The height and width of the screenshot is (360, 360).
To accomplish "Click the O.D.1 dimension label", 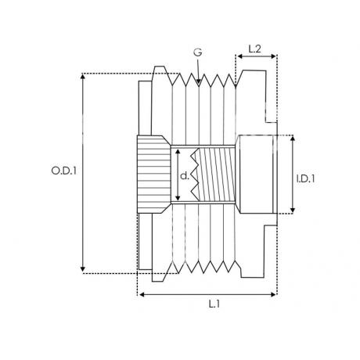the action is click(64, 171).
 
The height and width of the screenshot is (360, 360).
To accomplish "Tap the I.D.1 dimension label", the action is click(305, 178).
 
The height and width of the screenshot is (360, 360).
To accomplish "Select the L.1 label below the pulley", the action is click(214, 304).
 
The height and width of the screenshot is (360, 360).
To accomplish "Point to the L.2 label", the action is click(254, 49).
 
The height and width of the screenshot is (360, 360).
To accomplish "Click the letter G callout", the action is click(198, 52).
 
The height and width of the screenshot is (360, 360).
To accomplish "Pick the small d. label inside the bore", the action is click(185, 176).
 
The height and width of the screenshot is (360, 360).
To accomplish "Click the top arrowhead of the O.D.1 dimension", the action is click(83, 76).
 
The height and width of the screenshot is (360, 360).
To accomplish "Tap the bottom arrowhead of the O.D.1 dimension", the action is click(83, 269).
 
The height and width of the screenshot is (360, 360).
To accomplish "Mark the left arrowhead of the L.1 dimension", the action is click(142, 294).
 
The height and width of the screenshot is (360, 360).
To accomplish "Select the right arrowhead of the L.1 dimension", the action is click(274, 294).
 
